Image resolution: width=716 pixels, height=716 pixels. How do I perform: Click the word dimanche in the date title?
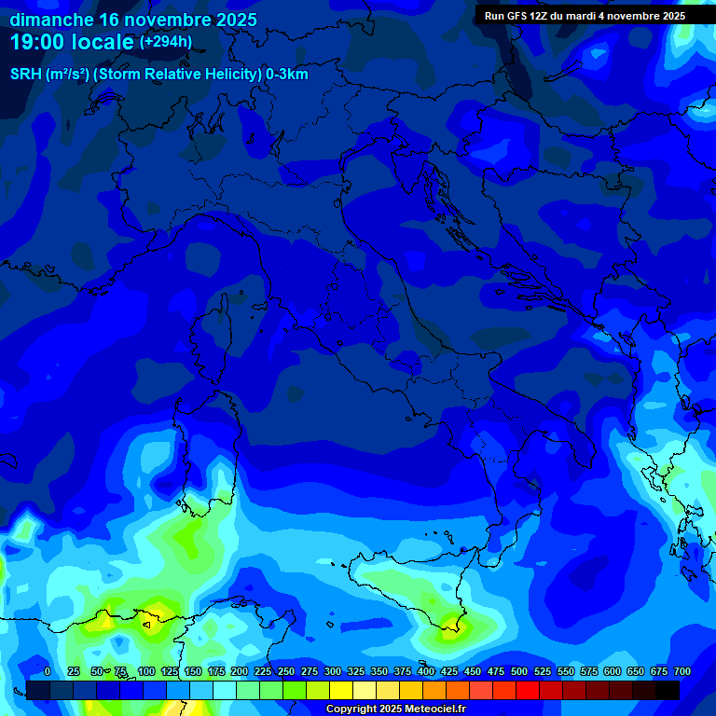(x=51, y=20)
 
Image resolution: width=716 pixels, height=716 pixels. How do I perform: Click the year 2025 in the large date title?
(x=233, y=20)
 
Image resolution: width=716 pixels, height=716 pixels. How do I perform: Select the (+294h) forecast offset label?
(x=166, y=42)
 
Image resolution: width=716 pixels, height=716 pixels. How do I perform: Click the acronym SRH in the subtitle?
(x=26, y=75)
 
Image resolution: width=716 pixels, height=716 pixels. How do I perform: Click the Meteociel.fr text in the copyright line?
(x=428, y=709)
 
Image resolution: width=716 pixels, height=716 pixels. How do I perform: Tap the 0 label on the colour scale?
(x=48, y=671)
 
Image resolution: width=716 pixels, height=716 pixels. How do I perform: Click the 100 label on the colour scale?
(x=146, y=671)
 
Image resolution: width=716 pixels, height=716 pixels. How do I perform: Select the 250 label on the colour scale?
(x=286, y=671)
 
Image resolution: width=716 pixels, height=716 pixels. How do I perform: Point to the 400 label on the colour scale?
(x=426, y=671)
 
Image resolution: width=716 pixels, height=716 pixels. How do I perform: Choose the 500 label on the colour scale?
(x=519, y=671)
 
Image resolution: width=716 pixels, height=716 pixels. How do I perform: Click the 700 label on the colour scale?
(x=682, y=671)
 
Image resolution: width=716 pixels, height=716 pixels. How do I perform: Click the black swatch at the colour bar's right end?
(x=667, y=690)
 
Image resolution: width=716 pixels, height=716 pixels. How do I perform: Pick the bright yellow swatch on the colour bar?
(x=340, y=690)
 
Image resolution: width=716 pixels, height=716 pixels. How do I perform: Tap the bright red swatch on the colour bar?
(x=527, y=690)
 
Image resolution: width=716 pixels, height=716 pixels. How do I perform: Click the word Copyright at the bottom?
(x=351, y=709)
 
